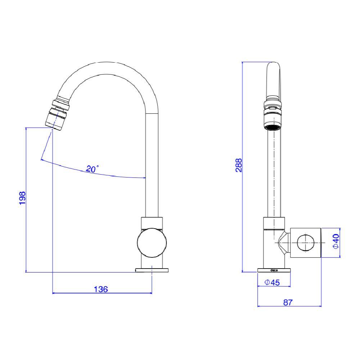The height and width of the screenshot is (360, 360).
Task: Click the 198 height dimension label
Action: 22,198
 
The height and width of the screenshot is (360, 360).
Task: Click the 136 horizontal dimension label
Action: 101,289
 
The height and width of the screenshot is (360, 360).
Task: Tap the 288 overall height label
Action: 238,165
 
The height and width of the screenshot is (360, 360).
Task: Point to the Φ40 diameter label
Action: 336,242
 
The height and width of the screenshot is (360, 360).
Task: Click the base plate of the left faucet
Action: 152,270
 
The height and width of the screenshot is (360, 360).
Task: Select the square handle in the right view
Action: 305,243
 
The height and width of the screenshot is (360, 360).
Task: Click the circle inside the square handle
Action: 305,243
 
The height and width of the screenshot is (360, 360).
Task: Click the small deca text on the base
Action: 274,270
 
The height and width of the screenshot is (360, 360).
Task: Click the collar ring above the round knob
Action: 152,223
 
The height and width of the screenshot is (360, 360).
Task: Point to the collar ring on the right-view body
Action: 274,223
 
